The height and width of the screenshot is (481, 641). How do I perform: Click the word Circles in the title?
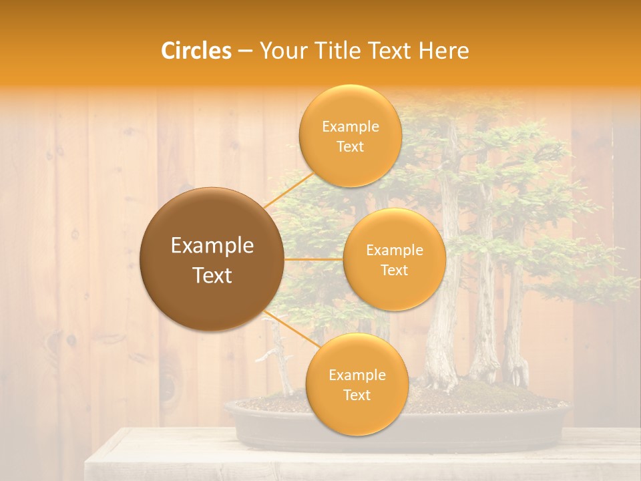196,51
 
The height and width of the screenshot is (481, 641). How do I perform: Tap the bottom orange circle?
357,414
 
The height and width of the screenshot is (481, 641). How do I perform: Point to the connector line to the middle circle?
314,259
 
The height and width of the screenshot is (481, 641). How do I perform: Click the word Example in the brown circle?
212,246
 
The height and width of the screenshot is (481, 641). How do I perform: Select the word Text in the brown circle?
212,275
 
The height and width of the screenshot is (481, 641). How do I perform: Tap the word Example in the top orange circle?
351,127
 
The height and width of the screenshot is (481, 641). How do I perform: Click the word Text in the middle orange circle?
394,271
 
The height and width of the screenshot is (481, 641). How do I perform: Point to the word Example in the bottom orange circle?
357,375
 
